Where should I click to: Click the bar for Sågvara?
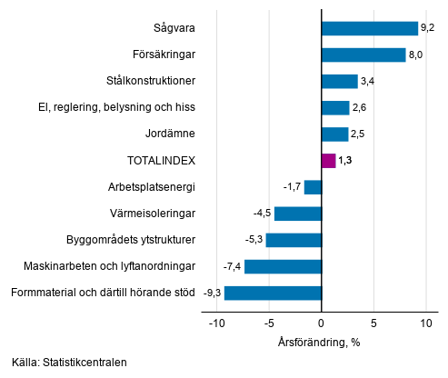coord(369,29)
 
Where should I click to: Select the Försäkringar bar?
coord(363,55)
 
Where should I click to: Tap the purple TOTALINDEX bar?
coord(328,161)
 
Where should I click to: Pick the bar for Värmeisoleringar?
coord(298,214)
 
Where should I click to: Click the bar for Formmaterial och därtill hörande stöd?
coord(273,293)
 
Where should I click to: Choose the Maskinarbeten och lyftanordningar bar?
coord(283,266)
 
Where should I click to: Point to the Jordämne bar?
coord(334,134)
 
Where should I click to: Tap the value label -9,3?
coord(212,293)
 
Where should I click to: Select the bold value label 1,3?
coord(345,161)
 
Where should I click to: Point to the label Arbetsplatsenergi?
coord(153,187)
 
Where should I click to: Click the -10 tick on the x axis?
coord(216,323)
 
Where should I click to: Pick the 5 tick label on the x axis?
coord(373,323)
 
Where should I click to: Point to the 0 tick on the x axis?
coord(322,323)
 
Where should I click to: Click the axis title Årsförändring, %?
coord(320,343)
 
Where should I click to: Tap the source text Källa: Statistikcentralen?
coord(70,363)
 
